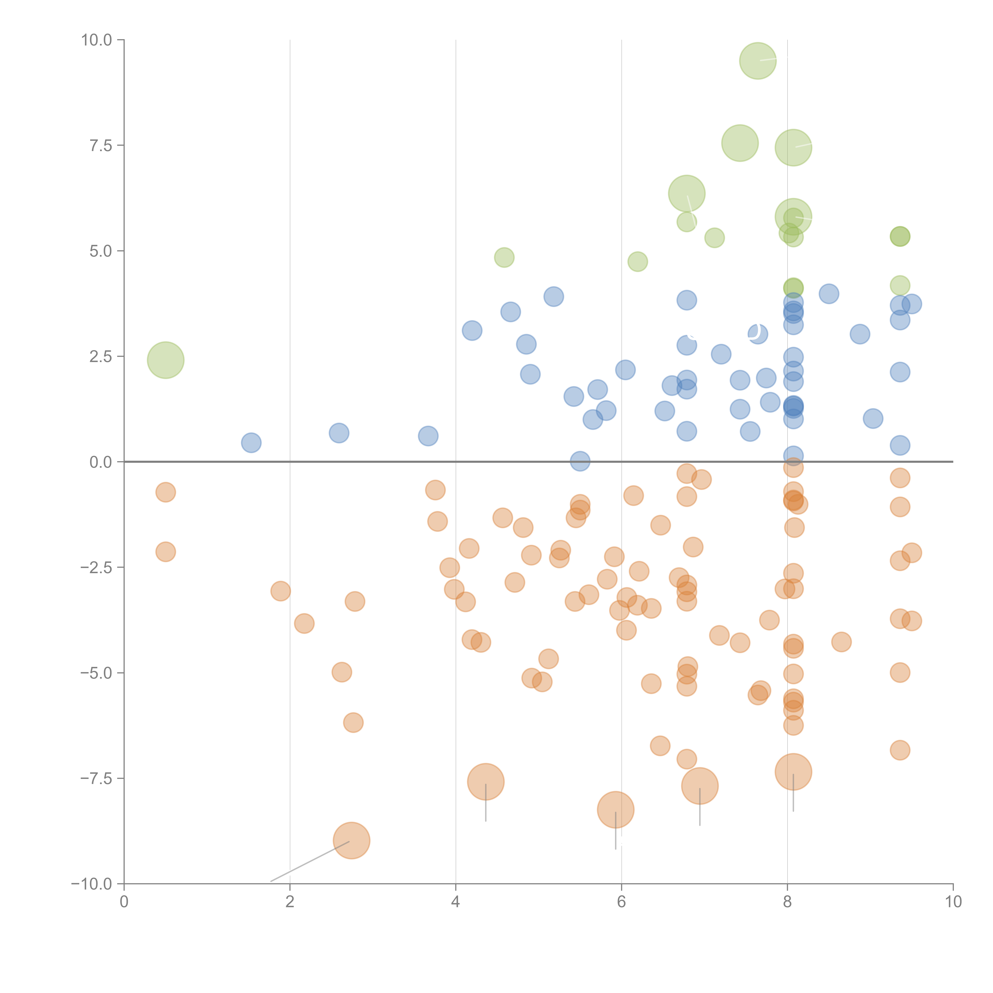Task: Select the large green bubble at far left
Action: tap(165, 360)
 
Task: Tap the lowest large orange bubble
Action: tap(352, 841)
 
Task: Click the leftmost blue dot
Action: tap(251, 442)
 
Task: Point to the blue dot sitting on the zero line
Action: tap(580, 461)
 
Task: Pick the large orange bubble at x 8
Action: tap(793, 772)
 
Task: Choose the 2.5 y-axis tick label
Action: tap(101, 357)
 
